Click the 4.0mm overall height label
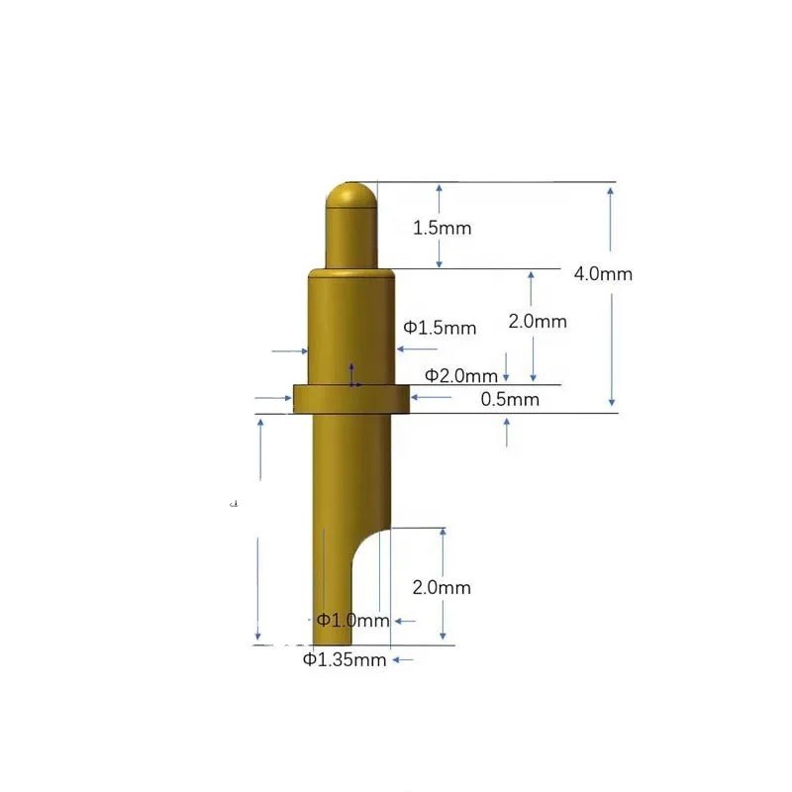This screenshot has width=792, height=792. [x=602, y=274]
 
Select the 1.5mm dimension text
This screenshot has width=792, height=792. [x=442, y=228]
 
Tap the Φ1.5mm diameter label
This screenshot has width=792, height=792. [x=440, y=328]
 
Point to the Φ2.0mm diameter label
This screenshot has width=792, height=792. [x=460, y=375]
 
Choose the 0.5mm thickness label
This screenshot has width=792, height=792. [x=510, y=399]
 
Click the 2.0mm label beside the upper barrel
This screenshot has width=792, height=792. [x=538, y=322]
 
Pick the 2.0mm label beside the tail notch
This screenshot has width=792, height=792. [x=442, y=587]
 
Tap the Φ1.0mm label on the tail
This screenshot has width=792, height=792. [x=352, y=621]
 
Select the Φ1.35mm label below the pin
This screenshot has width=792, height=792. [x=344, y=659]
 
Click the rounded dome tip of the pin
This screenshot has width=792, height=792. [x=351, y=192]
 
